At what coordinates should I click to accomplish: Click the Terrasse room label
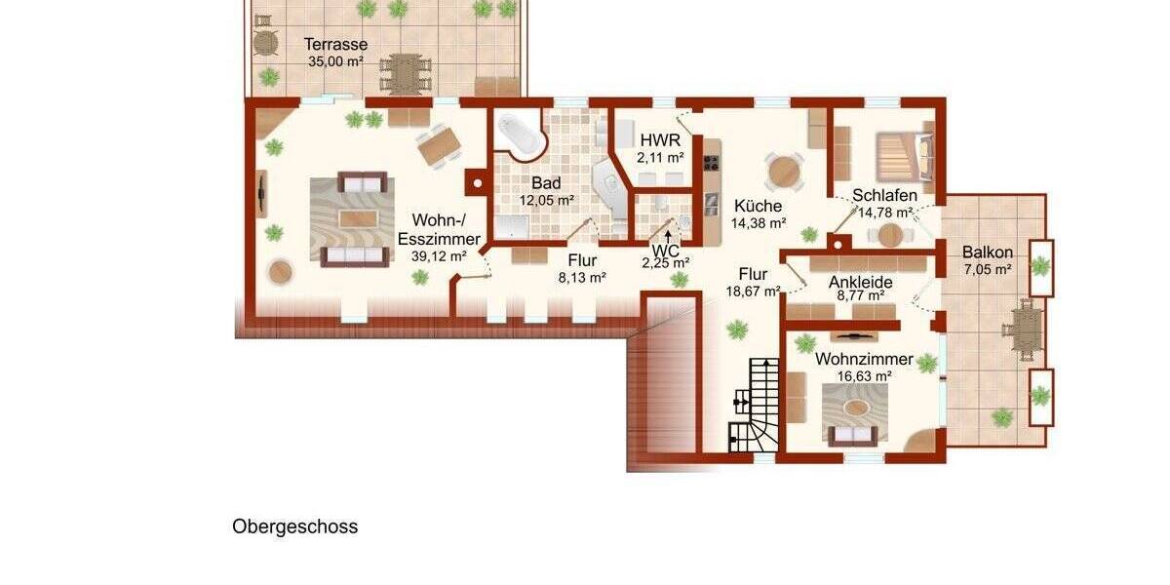pyautogui.click(x=335, y=44)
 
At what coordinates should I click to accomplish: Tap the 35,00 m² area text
pyautogui.click(x=335, y=60)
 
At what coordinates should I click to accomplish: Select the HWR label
pyautogui.click(x=660, y=139)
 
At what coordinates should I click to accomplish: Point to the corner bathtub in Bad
pyautogui.click(x=521, y=136)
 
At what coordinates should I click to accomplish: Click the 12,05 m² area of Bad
pyautogui.click(x=546, y=200)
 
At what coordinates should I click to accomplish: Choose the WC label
pyautogui.click(x=666, y=249)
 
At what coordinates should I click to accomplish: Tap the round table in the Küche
pyautogui.click(x=785, y=172)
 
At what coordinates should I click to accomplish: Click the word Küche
pyautogui.click(x=758, y=206)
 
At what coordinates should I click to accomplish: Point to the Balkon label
pyautogui.click(x=987, y=253)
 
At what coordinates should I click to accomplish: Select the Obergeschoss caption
pyautogui.click(x=294, y=527)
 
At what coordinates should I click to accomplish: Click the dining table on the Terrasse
pyautogui.click(x=404, y=71)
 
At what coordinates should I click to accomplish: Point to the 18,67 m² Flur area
pyautogui.click(x=753, y=291)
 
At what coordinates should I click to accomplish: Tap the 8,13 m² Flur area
pyautogui.click(x=581, y=277)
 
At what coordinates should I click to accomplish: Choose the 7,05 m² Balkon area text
pyautogui.click(x=987, y=270)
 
